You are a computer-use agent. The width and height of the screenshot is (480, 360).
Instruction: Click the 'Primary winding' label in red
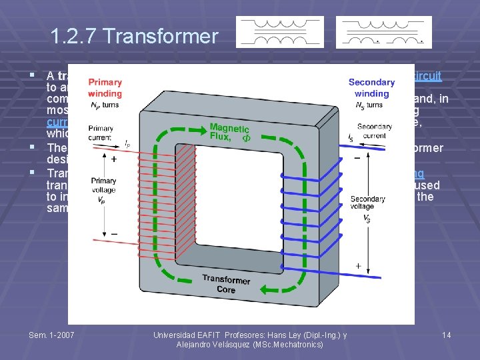[x=105, y=87]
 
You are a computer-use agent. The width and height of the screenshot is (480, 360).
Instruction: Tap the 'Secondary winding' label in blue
[x=371, y=88]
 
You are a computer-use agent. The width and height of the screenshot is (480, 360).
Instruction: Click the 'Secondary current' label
[x=374, y=131]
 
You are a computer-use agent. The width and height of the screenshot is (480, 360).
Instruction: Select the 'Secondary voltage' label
[x=367, y=203]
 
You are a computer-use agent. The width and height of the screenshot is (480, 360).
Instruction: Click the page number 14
[x=446, y=334]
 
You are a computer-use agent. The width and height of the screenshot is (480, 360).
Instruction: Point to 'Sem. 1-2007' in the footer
[x=52, y=334]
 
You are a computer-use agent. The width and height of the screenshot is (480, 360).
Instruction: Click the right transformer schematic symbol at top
[x=384, y=32]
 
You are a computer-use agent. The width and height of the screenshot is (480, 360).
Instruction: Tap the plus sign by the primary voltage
[x=113, y=160]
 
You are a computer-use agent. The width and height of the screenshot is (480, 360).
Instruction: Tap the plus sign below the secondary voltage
[x=358, y=265]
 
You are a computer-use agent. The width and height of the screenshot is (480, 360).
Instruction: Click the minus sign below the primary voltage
[x=113, y=233]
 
